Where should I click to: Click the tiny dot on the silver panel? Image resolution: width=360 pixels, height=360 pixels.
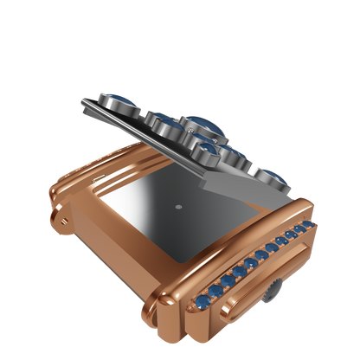click(177, 207)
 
